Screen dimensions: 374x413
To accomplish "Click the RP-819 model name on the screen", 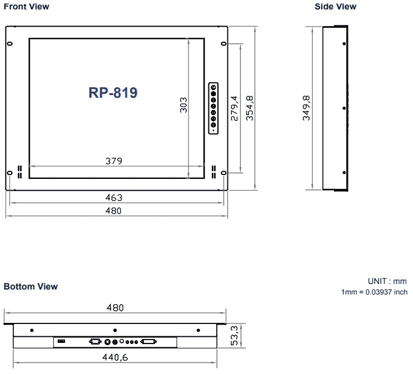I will (x=113, y=93).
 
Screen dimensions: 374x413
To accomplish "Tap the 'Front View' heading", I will (x=26, y=7).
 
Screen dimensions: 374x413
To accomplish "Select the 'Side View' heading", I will (x=335, y=7).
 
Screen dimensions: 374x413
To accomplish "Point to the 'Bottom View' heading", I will (x=31, y=287).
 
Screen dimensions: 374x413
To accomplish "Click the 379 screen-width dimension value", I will (x=114, y=161).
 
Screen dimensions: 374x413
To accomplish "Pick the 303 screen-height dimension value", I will (x=183, y=105).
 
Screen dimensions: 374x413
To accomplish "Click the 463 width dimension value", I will (x=114, y=197).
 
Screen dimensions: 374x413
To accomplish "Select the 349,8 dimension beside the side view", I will (x=306, y=108).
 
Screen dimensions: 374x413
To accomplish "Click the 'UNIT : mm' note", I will (x=387, y=282).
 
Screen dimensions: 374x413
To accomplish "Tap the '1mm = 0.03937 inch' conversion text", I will (x=374, y=292).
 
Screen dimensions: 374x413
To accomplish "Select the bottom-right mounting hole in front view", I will (x=223, y=173).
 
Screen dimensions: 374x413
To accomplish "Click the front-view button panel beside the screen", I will (x=213, y=108).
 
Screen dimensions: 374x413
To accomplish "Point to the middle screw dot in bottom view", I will (x=115, y=330).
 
